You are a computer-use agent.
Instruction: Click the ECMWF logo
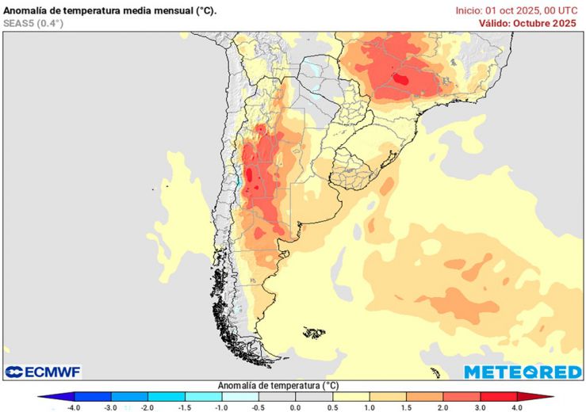(43, 372)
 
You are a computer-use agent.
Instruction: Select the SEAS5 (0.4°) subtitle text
(33, 24)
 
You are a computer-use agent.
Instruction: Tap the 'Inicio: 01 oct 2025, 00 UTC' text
(516, 10)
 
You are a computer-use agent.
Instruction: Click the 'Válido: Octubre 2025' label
(527, 23)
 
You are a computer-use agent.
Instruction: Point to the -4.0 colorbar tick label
(73, 407)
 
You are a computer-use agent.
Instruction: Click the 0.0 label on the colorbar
(295, 407)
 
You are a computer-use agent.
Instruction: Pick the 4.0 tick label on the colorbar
(517, 407)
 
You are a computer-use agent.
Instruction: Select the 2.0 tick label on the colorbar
(443, 407)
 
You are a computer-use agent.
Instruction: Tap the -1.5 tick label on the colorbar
(184, 407)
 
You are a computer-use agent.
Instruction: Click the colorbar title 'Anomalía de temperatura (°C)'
(278, 385)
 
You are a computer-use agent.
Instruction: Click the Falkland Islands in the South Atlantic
(314, 332)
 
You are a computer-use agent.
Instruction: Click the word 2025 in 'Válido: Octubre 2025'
(562, 23)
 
